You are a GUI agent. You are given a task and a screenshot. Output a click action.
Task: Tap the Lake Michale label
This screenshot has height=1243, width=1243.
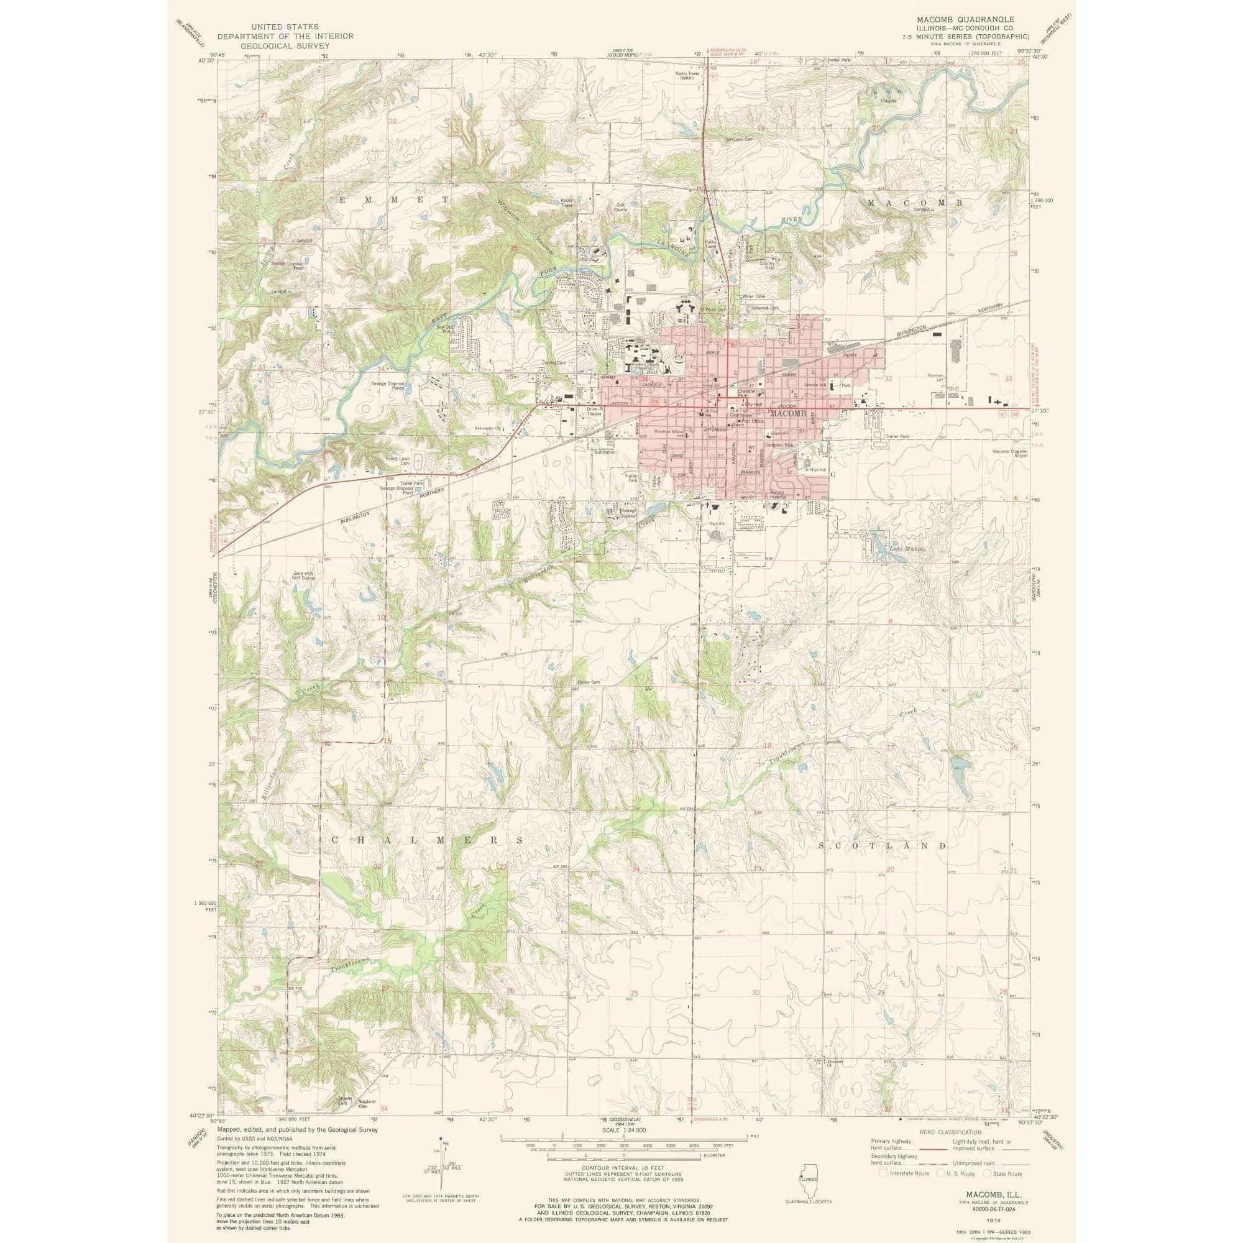[907, 549]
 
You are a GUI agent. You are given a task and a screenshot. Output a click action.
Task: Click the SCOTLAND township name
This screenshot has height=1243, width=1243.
[883, 845]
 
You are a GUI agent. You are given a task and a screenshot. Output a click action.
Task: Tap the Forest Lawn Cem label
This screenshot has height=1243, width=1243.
[397, 461]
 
